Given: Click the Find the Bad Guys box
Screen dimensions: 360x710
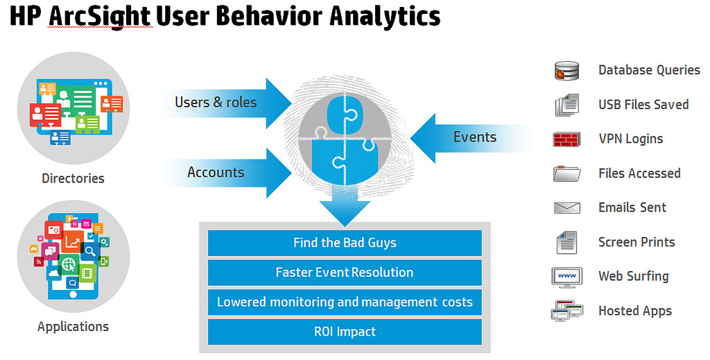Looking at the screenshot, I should pos(345,243).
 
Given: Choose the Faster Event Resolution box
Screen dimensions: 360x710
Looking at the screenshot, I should pos(345,273).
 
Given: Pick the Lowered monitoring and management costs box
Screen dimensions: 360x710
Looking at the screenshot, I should pos(345,302).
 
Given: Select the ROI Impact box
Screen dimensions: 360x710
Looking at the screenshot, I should pos(345,332).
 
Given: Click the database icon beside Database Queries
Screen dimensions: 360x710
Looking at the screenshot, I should pos(567,71).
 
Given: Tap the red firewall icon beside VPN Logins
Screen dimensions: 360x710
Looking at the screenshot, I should pos(567,139).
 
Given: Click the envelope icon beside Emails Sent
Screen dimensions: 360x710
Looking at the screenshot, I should pos(567,207).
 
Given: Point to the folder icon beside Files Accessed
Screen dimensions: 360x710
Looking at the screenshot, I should pos(567,173).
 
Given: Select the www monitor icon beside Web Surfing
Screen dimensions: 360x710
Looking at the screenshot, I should pos(567,276).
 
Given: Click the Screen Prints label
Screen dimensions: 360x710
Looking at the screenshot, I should pos(637,242).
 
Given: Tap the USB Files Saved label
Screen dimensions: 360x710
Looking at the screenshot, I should pos(643,105).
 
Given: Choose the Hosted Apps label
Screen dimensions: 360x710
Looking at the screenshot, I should pos(635,311).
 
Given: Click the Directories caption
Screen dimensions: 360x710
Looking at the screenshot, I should pos(73,178).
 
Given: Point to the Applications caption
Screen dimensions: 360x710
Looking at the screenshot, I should pos(73,327).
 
